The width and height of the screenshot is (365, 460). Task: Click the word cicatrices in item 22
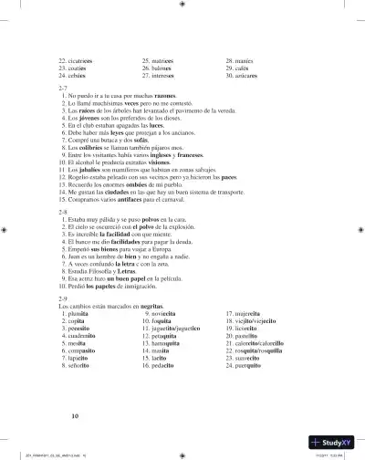click(x=85, y=60)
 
